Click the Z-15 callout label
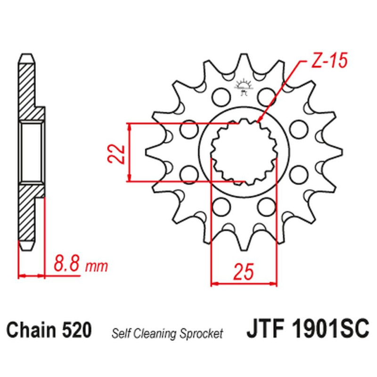[x=329, y=60]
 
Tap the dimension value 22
[x=116, y=154]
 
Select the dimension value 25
[x=244, y=272]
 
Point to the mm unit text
[x=97, y=266]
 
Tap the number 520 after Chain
[x=77, y=329]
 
